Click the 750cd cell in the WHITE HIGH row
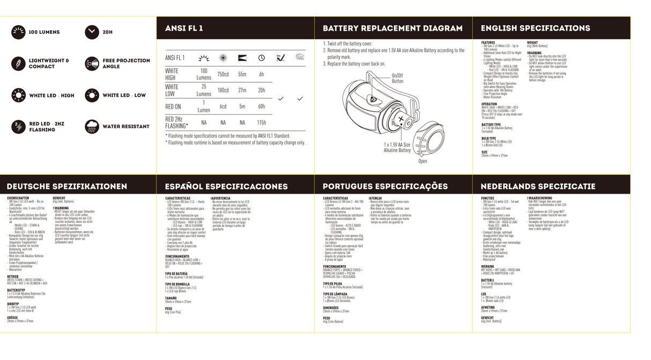point(223,75)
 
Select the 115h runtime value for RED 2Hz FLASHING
point(262,123)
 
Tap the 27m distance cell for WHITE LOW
point(242,91)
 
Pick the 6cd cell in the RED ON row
point(223,107)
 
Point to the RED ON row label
point(173,107)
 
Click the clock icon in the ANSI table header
point(262,58)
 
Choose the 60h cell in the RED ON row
point(262,107)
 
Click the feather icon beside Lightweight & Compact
point(18,64)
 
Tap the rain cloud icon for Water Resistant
point(92,127)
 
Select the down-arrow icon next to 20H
point(92,32)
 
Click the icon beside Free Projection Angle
point(92,64)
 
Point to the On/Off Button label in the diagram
point(397,78)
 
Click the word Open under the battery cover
point(423,161)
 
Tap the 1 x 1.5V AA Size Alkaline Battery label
point(397,148)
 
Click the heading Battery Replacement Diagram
point(393,28)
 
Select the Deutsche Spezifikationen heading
point(67,187)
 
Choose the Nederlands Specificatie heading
point(538,187)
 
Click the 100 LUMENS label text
point(44,32)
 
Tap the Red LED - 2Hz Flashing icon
point(18,127)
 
